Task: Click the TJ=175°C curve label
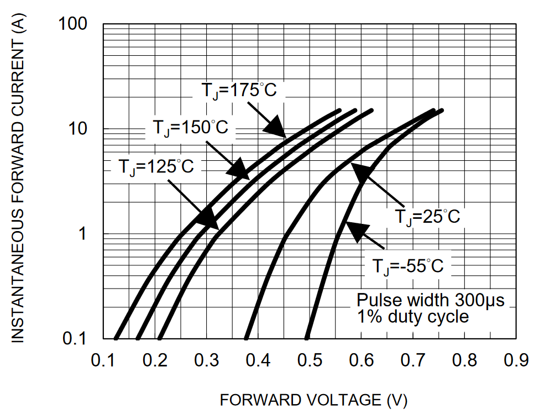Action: coord(238,90)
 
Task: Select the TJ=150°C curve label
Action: coord(190,128)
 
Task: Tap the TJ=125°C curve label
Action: coord(156,166)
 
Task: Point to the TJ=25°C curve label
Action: coord(427,216)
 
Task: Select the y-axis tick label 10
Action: coord(80,129)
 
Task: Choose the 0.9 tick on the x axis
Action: coord(516,360)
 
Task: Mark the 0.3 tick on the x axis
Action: coord(206,360)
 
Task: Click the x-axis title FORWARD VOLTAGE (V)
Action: coord(313,400)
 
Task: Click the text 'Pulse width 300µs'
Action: coord(430,301)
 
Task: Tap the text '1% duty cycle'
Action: coord(412,317)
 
